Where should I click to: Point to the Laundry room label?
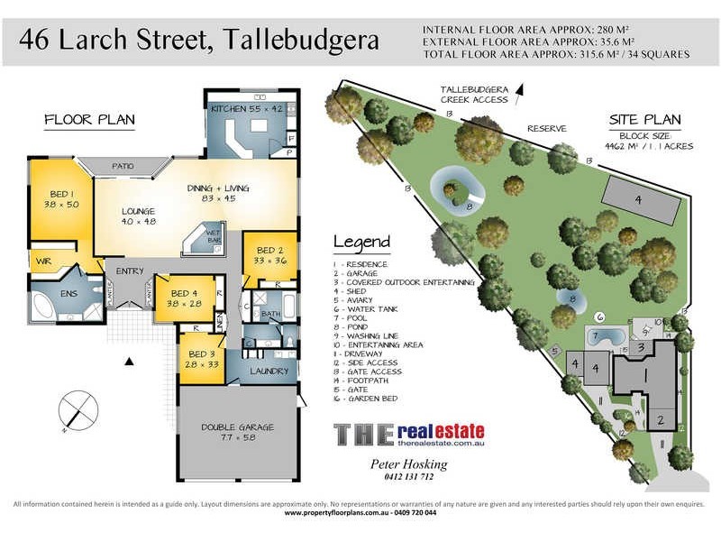269,371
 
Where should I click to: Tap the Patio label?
123,167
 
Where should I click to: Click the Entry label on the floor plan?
131,271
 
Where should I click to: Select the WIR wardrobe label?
43,261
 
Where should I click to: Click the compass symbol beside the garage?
78,410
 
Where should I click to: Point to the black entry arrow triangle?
130,362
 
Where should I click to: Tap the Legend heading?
362,242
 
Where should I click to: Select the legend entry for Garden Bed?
370,399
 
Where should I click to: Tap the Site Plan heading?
645,119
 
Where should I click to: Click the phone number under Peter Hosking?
409,477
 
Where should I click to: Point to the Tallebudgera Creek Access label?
475,95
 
